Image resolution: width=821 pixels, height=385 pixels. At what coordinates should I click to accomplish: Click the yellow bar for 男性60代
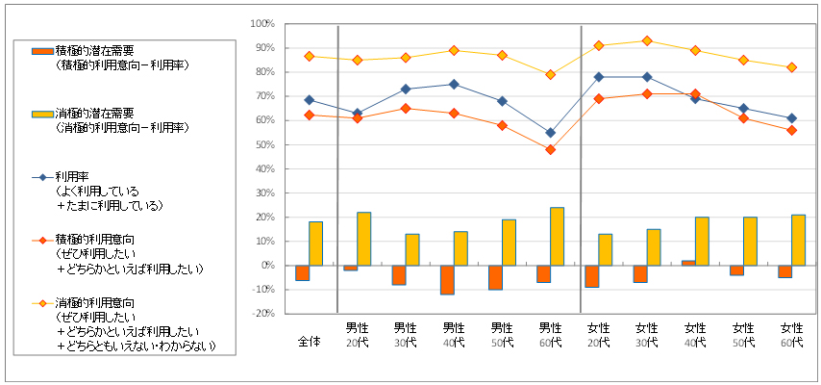(558, 237)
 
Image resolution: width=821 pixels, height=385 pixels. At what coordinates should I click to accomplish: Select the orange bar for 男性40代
(447, 279)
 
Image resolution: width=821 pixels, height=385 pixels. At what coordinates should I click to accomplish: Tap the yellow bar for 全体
(315, 244)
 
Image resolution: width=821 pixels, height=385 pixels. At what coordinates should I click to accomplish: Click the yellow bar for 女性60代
(798, 240)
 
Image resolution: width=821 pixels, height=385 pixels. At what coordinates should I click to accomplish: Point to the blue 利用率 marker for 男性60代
(551, 133)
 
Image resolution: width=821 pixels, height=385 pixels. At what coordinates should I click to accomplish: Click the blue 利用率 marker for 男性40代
(454, 84)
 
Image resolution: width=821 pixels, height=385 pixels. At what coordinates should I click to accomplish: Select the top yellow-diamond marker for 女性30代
(647, 40)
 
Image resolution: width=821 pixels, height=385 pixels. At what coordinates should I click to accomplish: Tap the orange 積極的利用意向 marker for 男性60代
(551, 149)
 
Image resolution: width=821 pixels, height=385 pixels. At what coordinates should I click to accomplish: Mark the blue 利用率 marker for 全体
(309, 99)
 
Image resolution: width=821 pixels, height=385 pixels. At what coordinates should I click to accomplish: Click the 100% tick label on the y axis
(262, 24)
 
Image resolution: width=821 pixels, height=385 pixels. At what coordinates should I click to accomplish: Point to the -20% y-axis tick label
(262, 314)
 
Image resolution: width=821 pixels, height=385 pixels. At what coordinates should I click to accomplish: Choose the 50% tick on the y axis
(264, 144)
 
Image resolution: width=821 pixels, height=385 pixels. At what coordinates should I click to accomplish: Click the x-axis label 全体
(309, 342)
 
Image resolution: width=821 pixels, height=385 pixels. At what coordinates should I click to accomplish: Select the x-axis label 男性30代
(406, 336)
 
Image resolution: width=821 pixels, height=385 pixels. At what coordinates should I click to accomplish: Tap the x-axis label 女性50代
(743, 336)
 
